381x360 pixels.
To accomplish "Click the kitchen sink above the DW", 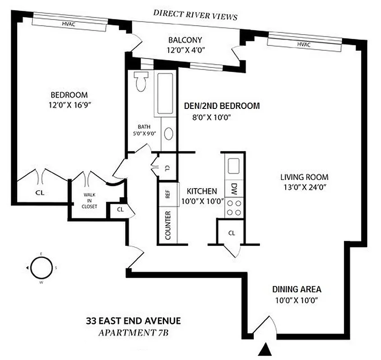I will [x=233, y=166].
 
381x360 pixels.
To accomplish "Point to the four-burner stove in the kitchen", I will [x=234, y=207].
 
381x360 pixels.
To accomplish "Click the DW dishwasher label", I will [x=234, y=189].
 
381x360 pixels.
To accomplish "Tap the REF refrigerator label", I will [x=168, y=194].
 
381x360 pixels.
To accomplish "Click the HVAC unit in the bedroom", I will [x=69, y=24].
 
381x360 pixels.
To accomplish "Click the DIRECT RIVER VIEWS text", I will [x=195, y=14].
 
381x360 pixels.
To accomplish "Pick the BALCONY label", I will [x=185, y=40].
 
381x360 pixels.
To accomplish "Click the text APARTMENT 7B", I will [x=133, y=333].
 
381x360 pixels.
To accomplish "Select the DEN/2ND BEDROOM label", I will [x=222, y=106].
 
